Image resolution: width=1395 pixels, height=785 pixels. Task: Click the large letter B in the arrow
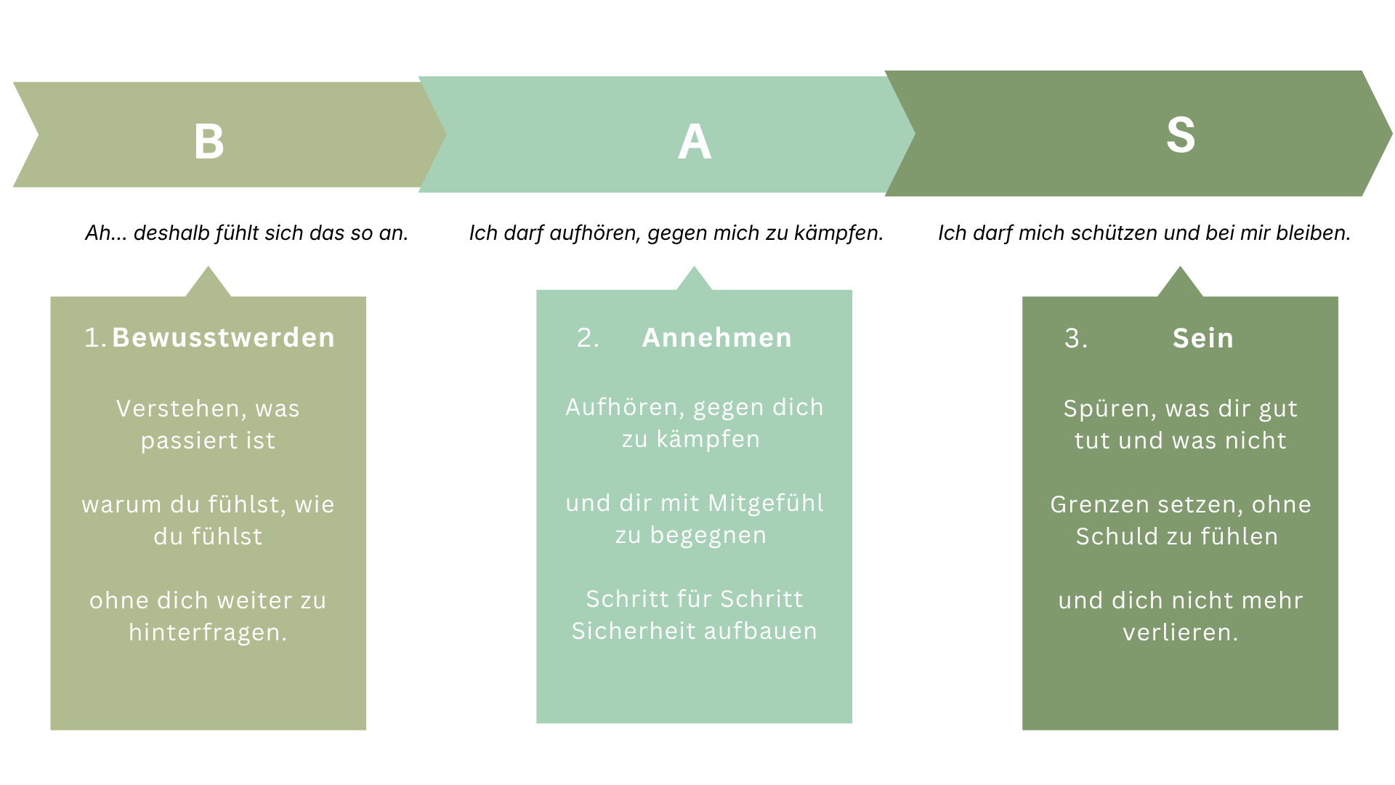pyautogui.click(x=209, y=141)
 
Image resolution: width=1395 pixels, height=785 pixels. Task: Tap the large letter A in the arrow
pyautogui.click(x=694, y=142)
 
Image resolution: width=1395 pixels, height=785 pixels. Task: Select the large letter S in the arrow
pyautogui.click(x=1180, y=135)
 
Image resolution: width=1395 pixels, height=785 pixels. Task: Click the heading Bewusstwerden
pyautogui.click(x=223, y=338)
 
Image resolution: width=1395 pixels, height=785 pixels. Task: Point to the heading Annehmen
pyautogui.click(x=716, y=338)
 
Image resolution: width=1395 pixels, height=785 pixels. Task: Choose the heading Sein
pyautogui.click(x=1202, y=339)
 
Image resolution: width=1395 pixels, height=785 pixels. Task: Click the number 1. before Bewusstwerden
pyautogui.click(x=95, y=338)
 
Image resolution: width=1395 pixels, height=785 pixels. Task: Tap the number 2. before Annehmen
pyautogui.click(x=588, y=338)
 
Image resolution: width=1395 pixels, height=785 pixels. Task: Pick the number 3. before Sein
pyautogui.click(x=1075, y=339)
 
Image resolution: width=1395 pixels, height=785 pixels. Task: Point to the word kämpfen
pyautogui.click(x=708, y=440)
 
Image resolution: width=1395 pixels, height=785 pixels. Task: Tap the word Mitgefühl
pyautogui.click(x=766, y=503)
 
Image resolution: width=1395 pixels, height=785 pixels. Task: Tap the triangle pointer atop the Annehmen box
pyautogui.click(x=694, y=280)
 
